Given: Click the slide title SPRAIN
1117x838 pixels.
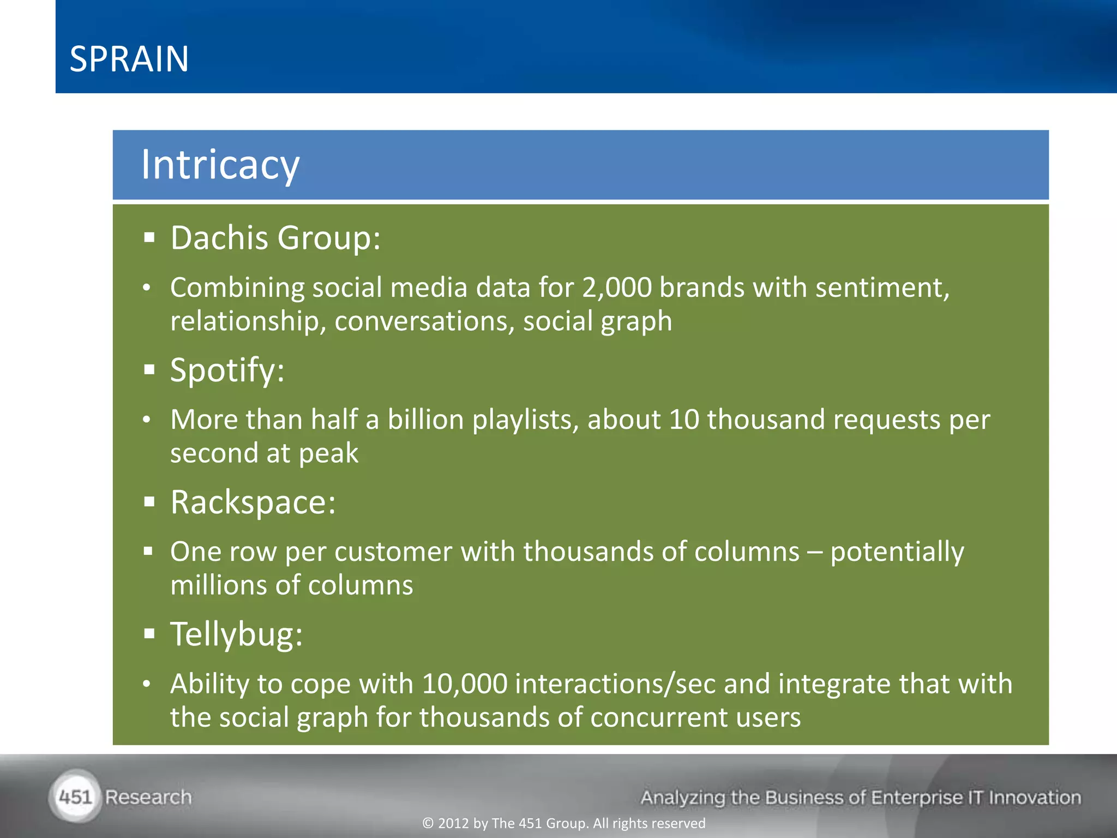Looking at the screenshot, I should click(x=129, y=59).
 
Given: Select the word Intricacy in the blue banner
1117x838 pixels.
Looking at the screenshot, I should click(x=220, y=165).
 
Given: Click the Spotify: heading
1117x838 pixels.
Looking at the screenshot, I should click(x=227, y=370).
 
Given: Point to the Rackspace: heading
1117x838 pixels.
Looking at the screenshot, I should click(x=253, y=502).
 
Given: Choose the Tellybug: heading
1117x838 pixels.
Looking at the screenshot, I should click(x=236, y=635).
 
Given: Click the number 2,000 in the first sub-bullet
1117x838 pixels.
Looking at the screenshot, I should click(x=617, y=288).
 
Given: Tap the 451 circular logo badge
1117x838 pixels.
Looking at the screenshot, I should click(x=75, y=797).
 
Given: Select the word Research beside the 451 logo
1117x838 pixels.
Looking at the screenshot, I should click(x=148, y=797).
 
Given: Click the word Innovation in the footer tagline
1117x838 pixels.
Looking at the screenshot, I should click(x=1035, y=798).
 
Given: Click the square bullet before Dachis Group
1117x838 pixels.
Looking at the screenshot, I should click(x=149, y=238).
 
